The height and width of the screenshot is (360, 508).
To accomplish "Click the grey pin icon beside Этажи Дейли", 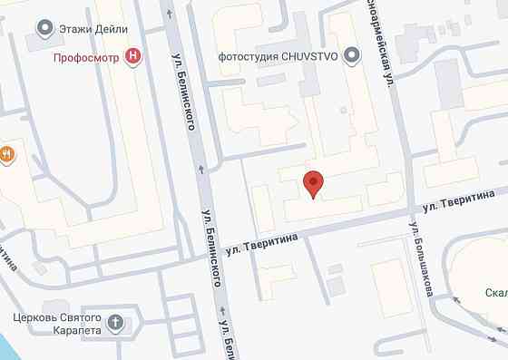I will click(x=44, y=29).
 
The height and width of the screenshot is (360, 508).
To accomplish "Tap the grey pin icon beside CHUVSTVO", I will click(x=353, y=56).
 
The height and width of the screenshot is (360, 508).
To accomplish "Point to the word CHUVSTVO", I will click(x=314, y=56).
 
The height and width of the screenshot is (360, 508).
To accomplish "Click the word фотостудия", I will click(x=248, y=56).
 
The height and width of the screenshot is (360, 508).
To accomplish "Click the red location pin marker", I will click(x=313, y=184).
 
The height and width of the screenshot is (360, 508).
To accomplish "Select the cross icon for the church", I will click(x=115, y=322).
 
